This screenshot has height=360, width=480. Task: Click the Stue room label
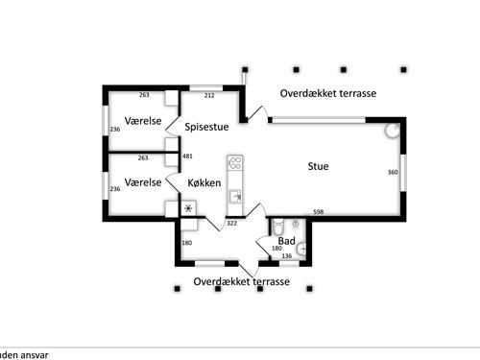pyautogui.click(x=318, y=166)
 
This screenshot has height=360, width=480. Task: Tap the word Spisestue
pyautogui.click(x=207, y=126)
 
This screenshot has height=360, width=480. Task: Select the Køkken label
pyautogui.click(x=204, y=181)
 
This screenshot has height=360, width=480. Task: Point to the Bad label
pyautogui.click(x=286, y=241)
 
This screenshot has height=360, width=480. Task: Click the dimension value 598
pyautogui.click(x=318, y=212)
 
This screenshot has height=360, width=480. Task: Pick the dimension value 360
pyautogui.click(x=392, y=172)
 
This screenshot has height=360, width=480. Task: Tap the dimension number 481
pyautogui.click(x=188, y=156)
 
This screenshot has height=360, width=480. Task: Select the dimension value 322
pyautogui.click(x=231, y=223)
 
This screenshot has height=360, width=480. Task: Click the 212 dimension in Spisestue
pyautogui.click(x=209, y=95)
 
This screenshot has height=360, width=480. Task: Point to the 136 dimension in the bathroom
pyautogui.click(x=286, y=256)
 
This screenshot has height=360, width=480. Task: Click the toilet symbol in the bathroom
pyautogui.click(x=276, y=228)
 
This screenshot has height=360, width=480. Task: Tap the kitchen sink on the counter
pyautogui.click(x=234, y=197)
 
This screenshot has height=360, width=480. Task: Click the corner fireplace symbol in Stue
pyautogui.click(x=393, y=132)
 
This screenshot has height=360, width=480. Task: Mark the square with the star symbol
pyautogui.click(x=188, y=208)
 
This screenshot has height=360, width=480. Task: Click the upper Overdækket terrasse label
pyautogui.click(x=327, y=94)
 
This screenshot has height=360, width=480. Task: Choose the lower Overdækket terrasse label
pyautogui.click(x=241, y=282)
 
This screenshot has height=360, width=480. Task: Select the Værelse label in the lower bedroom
pyautogui.click(x=141, y=180)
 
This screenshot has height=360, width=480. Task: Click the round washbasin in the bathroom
pyautogui.click(x=301, y=247)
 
